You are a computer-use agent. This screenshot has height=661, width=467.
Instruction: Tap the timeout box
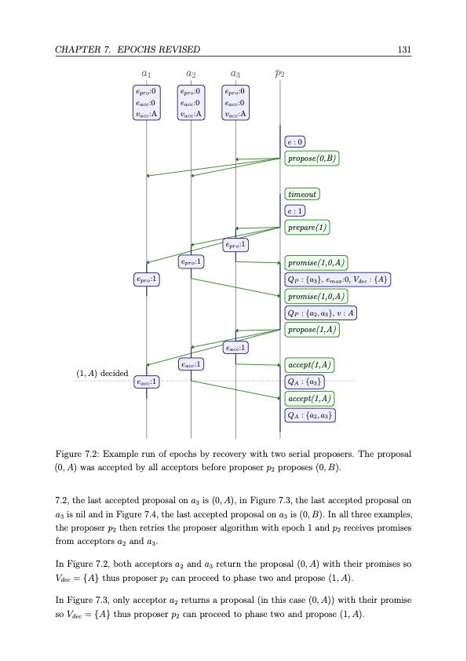pos(302,194)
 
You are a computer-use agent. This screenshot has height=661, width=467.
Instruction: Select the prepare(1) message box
pos(307,228)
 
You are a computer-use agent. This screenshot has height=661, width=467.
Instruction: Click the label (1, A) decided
pos(102,372)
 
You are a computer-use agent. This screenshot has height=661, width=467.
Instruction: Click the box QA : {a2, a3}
pos(309,415)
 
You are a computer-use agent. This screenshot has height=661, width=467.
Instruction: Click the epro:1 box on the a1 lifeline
pos(146,279)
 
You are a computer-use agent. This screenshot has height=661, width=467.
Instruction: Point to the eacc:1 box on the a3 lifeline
pos(235,347)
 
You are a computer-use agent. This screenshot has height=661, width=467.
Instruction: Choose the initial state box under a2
pos(191,103)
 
